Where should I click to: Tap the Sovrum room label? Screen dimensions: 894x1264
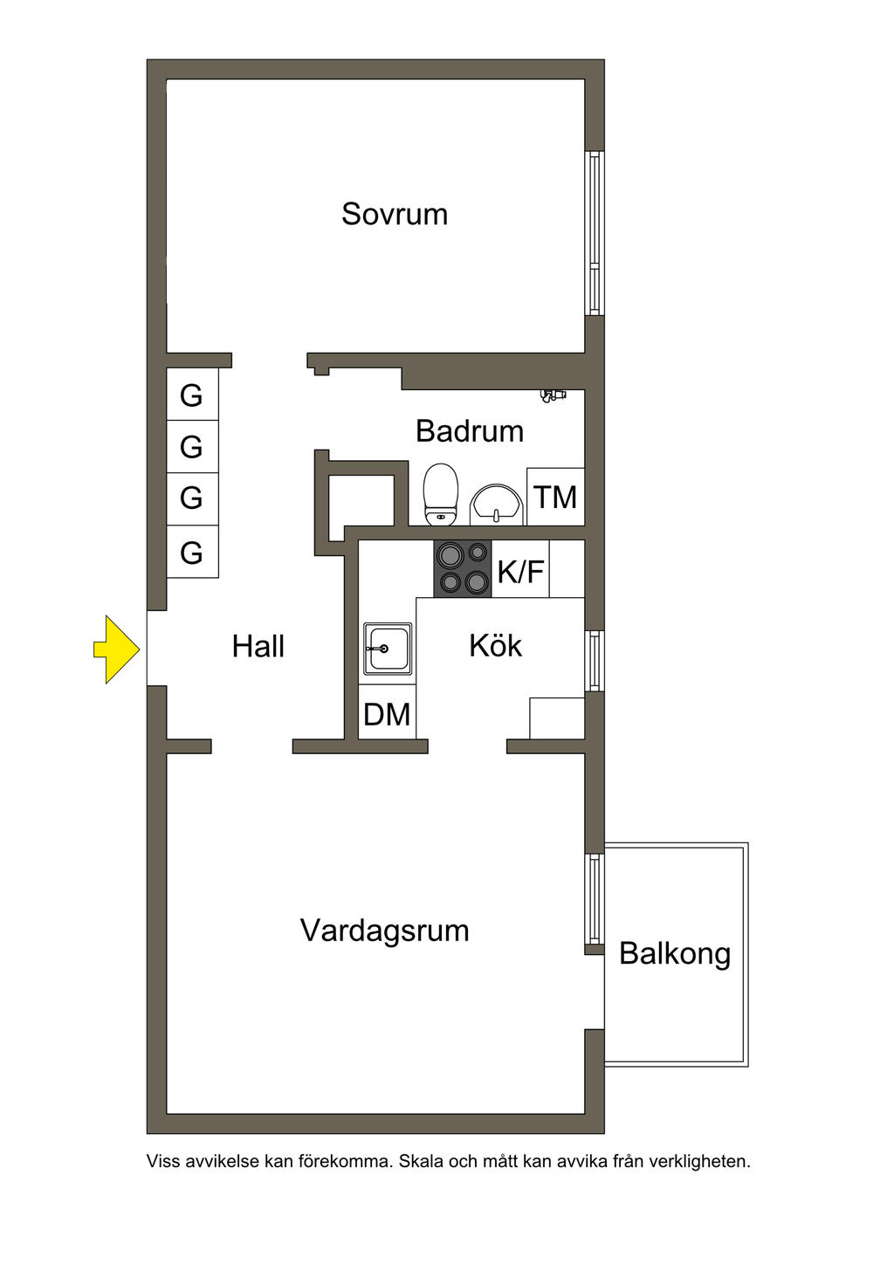tap(395, 214)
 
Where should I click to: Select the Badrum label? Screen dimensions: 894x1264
tap(470, 431)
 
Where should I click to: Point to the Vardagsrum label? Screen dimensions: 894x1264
tap(384, 931)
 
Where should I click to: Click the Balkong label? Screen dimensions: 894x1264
tap(675, 953)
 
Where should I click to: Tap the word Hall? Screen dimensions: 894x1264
tap(258, 647)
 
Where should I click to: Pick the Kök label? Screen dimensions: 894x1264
tap(495, 646)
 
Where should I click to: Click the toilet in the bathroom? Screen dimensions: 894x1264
tap(441, 494)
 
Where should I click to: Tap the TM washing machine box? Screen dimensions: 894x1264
tap(556, 498)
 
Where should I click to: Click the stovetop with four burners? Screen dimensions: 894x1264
tap(463, 568)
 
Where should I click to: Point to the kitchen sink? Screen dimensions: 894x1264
tap(388, 649)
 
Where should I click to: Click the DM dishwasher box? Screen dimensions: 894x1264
tap(387, 715)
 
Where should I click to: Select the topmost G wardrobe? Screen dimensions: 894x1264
tap(192, 395)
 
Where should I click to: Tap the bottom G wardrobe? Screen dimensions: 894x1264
tap(192, 552)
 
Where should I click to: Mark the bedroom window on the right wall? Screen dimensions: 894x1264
tap(595, 233)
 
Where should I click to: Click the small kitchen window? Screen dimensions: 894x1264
tap(595, 661)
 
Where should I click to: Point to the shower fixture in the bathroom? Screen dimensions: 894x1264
tap(553, 395)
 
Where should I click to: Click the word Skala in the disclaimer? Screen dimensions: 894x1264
tap(421, 1162)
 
